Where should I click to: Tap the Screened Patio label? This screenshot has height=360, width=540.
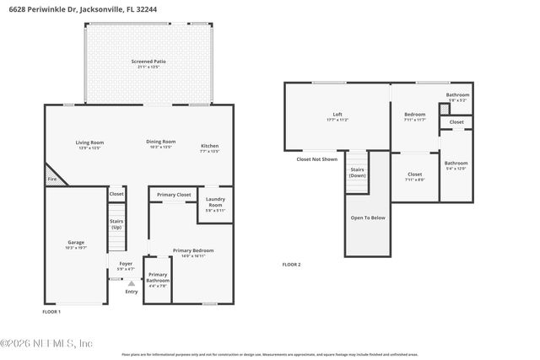(x=148, y=62)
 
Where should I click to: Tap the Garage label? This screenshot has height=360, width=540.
(x=75, y=243)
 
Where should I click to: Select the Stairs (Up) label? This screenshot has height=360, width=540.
(x=116, y=224)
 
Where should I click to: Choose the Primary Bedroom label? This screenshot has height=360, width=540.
(x=193, y=251)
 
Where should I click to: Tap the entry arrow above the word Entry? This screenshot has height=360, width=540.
(x=131, y=284)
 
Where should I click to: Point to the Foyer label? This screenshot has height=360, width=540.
(x=126, y=265)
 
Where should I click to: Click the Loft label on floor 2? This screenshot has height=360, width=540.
(x=337, y=116)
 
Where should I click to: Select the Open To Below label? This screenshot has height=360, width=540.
(x=367, y=218)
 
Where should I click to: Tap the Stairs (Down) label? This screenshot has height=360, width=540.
(x=358, y=173)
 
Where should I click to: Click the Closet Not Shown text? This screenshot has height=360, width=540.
(x=316, y=159)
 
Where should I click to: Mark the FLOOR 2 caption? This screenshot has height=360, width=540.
(x=291, y=265)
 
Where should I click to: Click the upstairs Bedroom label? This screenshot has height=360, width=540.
(x=414, y=116)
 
